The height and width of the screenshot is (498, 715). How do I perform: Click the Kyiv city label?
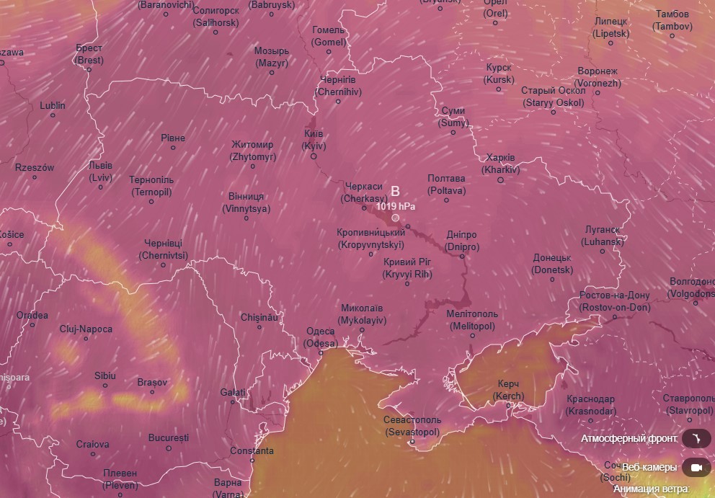(314, 140)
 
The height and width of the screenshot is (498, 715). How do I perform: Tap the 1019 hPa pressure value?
(395, 206)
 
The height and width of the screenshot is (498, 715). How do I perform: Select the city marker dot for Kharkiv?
(501, 179)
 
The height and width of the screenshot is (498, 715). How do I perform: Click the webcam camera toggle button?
(696, 468)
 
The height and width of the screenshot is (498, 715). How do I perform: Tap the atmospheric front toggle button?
(696, 438)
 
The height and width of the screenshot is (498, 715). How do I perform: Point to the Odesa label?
(321, 337)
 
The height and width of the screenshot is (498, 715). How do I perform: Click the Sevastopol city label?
(412, 426)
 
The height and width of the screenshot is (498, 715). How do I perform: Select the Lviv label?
(100, 171)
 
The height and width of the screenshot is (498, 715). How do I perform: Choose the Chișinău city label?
(259, 317)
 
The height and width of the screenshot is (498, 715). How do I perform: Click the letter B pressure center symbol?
(395, 191)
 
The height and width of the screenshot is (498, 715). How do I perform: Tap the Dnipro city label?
(461, 241)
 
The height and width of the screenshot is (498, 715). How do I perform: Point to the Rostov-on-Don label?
(614, 301)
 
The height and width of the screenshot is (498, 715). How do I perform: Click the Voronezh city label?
(598, 77)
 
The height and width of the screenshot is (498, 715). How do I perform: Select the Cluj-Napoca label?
(86, 329)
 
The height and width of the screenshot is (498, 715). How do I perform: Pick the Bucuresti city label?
(169, 437)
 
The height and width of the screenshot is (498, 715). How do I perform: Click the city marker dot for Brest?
(89, 69)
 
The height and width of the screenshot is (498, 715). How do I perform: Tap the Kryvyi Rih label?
(407, 268)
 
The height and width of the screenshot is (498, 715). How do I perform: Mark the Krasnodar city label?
(590, 405)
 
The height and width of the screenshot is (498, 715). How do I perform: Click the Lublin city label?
(53, 106)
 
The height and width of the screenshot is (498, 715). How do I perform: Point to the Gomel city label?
(329, 36)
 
